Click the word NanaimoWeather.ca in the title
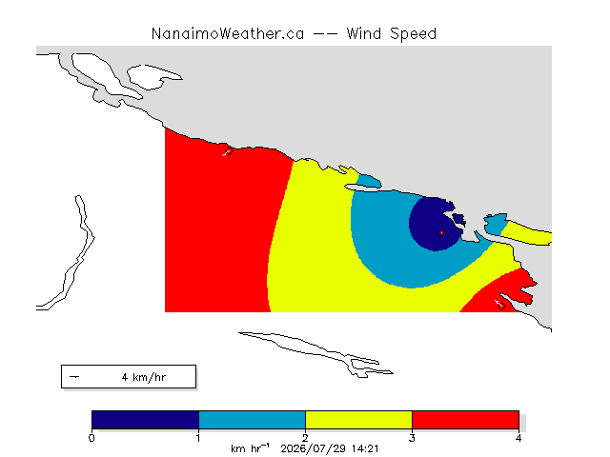pos(228,34)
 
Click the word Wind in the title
pos(364,34)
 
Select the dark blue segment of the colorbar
pos(145,420)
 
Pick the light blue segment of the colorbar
pos(252,420)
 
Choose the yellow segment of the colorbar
pos(358,420)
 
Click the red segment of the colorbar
pos(465,420)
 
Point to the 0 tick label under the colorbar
pos(91,438)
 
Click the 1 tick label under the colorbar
pos(198,438)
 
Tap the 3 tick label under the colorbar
pos(412,438)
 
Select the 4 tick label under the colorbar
pos(518,438)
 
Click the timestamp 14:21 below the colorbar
pos(365,448)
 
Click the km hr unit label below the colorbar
pos(250,448)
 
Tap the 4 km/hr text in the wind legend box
pos(144,377)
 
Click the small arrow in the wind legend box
pos(74,377)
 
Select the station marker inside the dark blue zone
pos(441,232)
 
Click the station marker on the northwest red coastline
pos(229,151)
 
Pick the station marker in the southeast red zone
pos(501,306)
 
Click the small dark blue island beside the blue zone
pos(458,219)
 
